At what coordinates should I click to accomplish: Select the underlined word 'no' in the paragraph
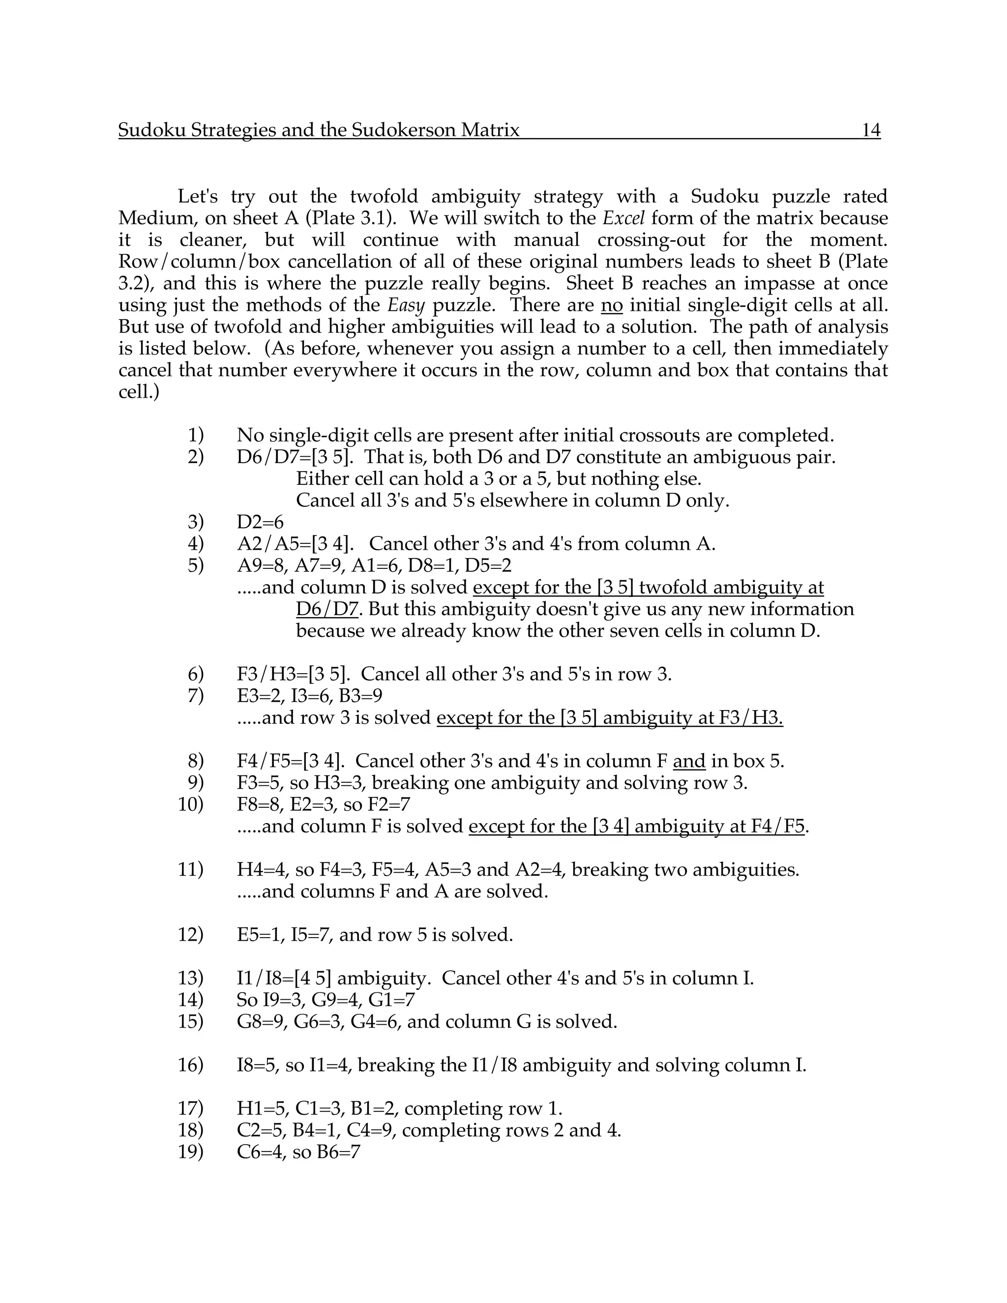(x=612, y=305)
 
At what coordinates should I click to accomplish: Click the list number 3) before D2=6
(x=195, y=522)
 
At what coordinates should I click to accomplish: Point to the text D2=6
(x=260, y=522)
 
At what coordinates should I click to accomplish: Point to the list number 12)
(x=191, y=935)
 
